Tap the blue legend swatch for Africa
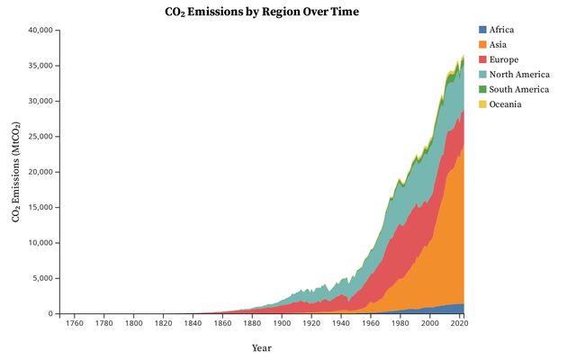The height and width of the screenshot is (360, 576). click(x=482, y=30)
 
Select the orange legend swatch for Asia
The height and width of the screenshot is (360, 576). click(x=482, y=45)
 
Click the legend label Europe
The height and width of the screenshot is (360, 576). click(x=504, y=60)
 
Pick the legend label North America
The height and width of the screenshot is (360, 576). click(x=519, y=75)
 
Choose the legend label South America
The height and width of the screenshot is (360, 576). click(x=519, y=90)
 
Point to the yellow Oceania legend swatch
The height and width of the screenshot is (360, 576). click(x=482, y=105)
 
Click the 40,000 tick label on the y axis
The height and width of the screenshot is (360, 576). click(x=40, y=31)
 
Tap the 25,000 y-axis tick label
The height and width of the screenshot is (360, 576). click(x=40, y=137)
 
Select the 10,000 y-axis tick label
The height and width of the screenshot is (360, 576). click(x=40, y=243)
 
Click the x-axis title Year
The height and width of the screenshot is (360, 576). click(x=261, y=347)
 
